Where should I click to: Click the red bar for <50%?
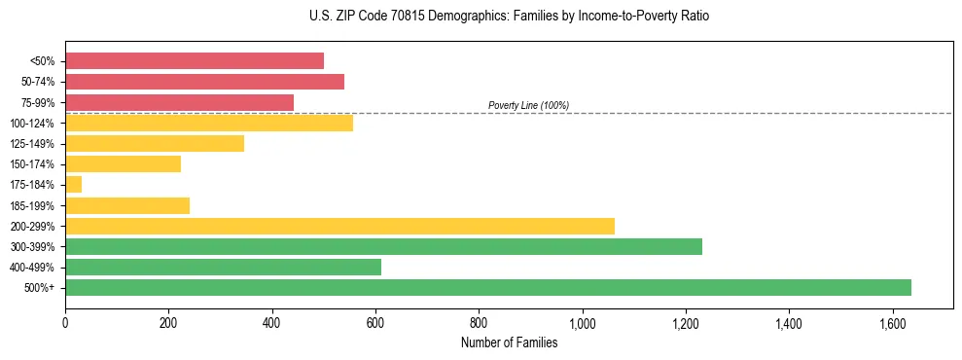coord(195,60)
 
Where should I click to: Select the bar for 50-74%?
coord(204,82)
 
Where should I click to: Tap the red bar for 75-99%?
coord(179,102)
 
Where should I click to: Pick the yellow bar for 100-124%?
coord(209,123)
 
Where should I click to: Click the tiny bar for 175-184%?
coord(73,184)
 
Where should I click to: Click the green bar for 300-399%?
coord(383,246)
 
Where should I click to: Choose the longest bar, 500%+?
coord(487,287)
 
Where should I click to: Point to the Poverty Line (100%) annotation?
coord(528,105)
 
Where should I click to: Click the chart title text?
coord(481,17)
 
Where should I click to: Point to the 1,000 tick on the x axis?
coord(582,322)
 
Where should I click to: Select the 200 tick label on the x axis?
coord(168,322)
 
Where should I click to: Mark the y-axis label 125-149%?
coord(32,144)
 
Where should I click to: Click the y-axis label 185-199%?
coord(32,205)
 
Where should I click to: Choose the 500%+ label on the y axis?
coord(39,288)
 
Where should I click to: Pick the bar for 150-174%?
coord(123,163)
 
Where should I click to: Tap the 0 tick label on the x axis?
coord(65,322)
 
